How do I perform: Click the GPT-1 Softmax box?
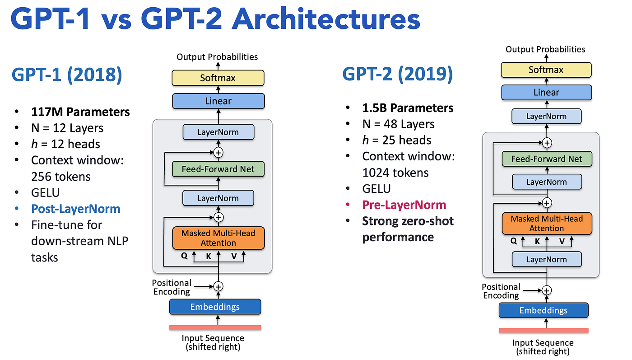pyautogui.click(x=218, y=78)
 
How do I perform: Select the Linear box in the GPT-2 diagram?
pyautogui.click(x=547, y=93)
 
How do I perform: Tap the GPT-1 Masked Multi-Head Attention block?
pyautogui.click(x=218, y=238)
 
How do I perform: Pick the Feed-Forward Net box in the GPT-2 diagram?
pyautogui.click(x=547, y=159)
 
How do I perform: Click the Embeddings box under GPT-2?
pyautogui.click(x=544, y=310)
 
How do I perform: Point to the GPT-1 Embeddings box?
pyautogui.click(x=215, y=307)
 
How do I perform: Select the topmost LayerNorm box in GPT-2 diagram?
pyautogui.click(x=547, y=117)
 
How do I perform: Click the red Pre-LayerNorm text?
pyautogui.click(x=404, y=205)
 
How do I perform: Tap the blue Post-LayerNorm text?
pyautogui.click(x=76, y=209)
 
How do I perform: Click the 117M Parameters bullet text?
pyautogui.click(x=80, y=112)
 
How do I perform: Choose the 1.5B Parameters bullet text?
pyautogui.click(x=408, y=108)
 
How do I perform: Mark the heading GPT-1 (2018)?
pyautogui.click(x=67, y=75)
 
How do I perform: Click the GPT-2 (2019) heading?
pyautogui.click(x=398, y=74)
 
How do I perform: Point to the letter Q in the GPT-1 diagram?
pyautogui.click(x=184, y=256)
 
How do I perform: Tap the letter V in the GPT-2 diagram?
pyautogui.click(x=562, y=241)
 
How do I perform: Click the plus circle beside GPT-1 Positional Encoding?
pyautogui.click(x=218, y=286)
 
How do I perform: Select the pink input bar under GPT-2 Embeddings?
pyautogui.click(x=544, y=330)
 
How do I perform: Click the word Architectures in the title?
pyautogui.click(x=326, y=19)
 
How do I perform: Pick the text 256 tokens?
pyautogui.click(x=60, y=177)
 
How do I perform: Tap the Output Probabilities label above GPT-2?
pyautogui.click(x=545, y=49)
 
